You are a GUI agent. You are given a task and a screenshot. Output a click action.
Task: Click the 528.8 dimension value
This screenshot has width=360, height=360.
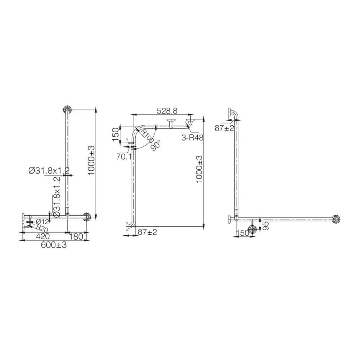pyautogui.click(x=167, y=111)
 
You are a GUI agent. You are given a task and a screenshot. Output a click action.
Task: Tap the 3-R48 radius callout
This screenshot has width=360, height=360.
pyautogui.click(x=192, y=137)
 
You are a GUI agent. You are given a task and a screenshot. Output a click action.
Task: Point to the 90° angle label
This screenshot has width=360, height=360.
pyautogui.click(x=156, y=144)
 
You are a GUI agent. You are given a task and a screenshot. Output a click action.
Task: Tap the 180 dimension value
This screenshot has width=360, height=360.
pyautogui.click(x=76, y=236)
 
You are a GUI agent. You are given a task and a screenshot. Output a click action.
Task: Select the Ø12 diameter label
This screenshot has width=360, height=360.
pyautogui.click(x=42, y=221)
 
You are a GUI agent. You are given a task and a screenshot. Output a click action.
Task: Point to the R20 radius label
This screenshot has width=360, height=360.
pyautogui.click(x=41, y=228)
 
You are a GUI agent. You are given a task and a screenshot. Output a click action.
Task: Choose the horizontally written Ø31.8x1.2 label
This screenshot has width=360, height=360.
pyautogui.click(x=49, y=170)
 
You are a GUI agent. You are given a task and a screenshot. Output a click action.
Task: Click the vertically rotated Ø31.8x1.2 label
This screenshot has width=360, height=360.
pyautogui.click(x=57, y=197)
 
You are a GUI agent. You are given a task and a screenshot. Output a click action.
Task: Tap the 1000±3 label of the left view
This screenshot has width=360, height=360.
pyautogui.click(x=91, y=160)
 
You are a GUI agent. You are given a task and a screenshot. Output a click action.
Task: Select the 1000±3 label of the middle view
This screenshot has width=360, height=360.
pyautogui.click(x=199, y=169)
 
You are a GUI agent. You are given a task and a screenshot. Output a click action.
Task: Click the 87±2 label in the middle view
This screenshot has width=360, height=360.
pyautogui.click(x=147, y=232)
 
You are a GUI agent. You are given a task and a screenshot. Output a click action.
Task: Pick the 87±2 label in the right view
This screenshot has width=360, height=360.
pyautogui.click(x=224, y=128)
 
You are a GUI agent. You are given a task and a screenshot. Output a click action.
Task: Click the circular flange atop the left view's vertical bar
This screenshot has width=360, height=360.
pyautogui.click(x=67, y=110)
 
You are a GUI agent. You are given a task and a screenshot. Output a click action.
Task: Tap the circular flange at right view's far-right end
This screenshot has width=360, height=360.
pyautogui.click(x=336, y=219)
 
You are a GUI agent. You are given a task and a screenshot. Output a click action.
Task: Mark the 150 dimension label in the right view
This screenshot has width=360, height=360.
pyautogui.click(x=242, y=233)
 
